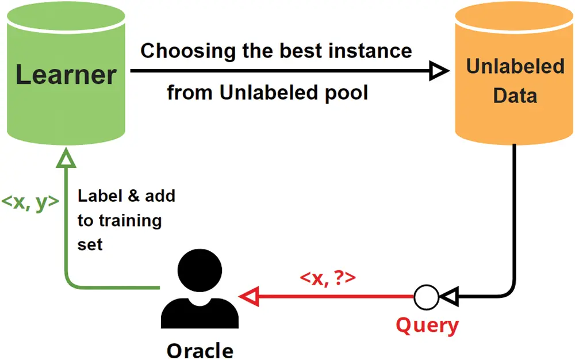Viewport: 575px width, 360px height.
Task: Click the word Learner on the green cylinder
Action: [66, 75]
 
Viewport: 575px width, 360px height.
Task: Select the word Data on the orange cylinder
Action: [515, 95]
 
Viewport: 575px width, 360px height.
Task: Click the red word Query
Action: [427, 325]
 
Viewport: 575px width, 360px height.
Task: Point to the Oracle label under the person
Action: [200, 350]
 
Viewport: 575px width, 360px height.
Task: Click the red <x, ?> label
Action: [328, 278]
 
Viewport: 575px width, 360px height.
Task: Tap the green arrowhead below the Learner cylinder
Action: [67, 156]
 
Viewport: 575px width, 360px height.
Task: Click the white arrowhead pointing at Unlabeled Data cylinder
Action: [439, 71]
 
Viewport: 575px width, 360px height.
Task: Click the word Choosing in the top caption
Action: [179, 51]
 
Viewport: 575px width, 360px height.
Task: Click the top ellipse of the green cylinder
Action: [66, 17]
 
